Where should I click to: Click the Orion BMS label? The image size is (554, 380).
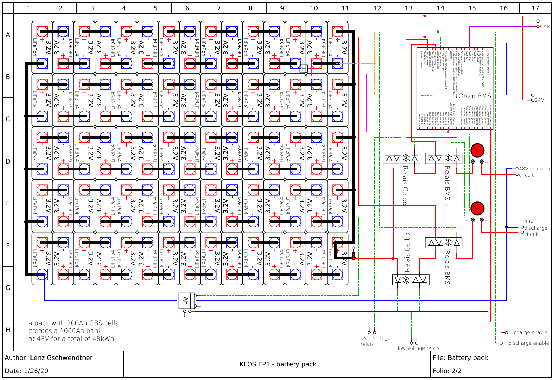[475, 96]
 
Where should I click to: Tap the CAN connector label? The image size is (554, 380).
[545, 26]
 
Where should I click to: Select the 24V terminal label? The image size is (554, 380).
[539, 100]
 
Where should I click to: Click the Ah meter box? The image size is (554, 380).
[185, 301]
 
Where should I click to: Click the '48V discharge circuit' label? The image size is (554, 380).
[535, 228]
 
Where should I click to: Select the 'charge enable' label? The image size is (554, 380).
[530, 332]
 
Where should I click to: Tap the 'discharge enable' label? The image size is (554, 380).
[528, 343]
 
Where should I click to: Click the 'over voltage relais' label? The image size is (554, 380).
[375, 341]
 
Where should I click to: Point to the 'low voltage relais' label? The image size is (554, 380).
[418, 348]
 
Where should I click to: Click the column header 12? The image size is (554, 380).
[377, 8]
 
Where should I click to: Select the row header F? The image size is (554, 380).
[8, 245]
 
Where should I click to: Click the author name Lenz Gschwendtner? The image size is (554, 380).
[61, 358]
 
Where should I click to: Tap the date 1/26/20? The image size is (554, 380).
[36, 371]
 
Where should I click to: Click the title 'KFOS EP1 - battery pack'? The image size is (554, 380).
[278, 364]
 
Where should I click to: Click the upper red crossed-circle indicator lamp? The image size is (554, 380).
[477, 150]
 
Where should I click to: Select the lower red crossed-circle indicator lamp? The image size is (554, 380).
[477, 208]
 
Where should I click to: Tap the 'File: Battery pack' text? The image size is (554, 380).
[460, 358]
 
